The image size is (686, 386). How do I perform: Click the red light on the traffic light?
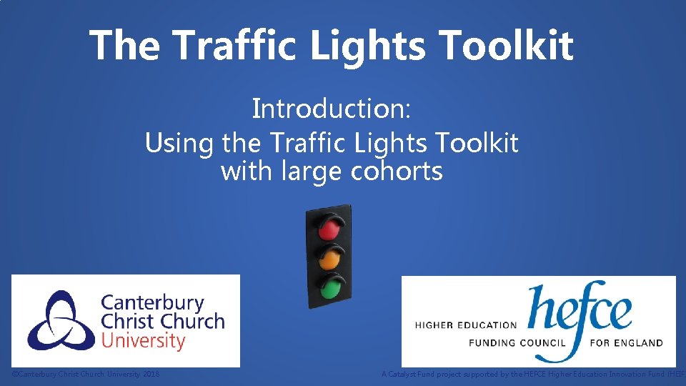[329, 229]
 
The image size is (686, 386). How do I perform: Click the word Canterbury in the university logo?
[152, 303]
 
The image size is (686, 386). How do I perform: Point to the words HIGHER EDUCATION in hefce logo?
[465, 325]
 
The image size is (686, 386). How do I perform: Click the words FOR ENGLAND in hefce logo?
[626, 343]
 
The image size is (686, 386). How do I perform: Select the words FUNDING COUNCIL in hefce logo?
[517, 343]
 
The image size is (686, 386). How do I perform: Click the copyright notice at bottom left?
[86, 374]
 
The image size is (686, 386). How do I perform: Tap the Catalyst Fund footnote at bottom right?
[533, 374]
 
